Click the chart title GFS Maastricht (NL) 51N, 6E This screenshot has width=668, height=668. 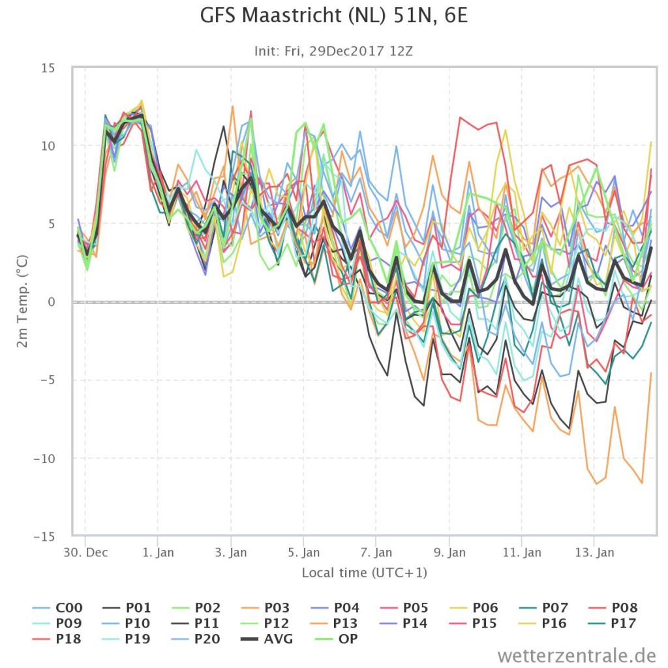333,16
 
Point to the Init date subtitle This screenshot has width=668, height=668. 333,51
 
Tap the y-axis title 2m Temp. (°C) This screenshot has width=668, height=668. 22,301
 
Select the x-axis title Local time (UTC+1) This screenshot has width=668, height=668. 364,573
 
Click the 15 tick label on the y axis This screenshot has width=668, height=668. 48,68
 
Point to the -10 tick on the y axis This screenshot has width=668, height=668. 45,459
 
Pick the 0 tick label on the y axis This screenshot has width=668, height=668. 52,302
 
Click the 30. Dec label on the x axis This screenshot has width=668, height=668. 85,552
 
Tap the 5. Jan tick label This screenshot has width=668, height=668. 304,552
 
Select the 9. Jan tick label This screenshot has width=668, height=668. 449,552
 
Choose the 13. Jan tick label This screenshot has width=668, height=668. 595,552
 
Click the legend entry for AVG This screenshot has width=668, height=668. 267,639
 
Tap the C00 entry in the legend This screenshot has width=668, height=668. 57,607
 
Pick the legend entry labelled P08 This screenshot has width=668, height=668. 613,607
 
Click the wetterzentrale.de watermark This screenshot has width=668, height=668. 577,655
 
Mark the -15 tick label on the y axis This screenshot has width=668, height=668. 45,536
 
